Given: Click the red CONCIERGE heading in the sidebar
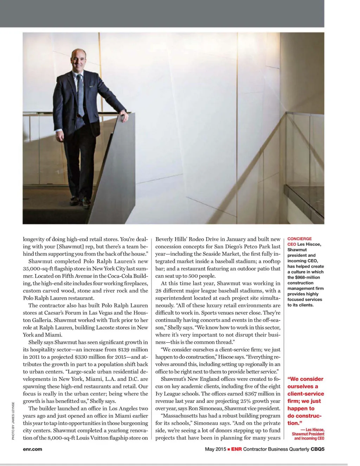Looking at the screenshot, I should [x=300, y=239].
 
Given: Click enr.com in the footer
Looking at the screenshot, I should [x=32, y=449].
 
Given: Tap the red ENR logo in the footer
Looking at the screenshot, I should [x=237, y=449].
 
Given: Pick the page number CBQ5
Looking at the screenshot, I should [x=317, y=449].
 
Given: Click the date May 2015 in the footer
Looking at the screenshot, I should [x=216, y=449].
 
